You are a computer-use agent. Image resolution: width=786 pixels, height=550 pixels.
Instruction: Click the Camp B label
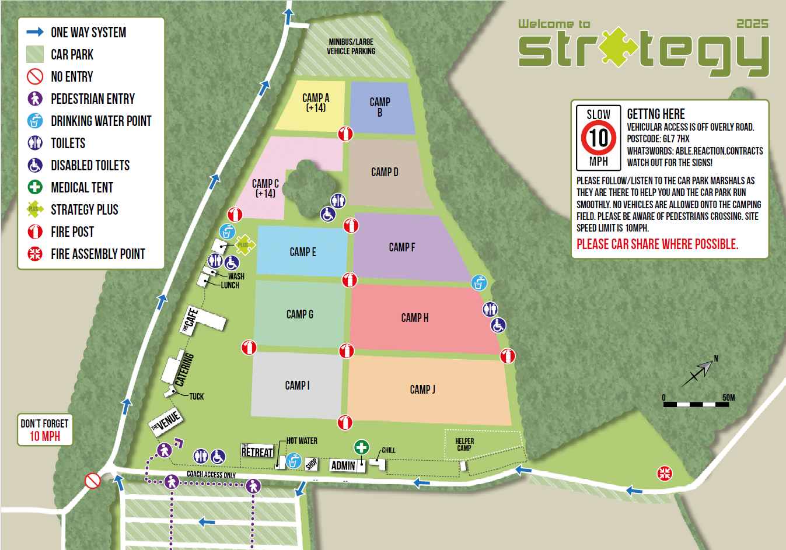tap(380, 107)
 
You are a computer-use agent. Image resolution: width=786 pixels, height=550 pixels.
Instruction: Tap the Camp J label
tap(422, 390)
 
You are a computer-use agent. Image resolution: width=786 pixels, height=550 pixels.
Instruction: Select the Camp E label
tap(303, 252)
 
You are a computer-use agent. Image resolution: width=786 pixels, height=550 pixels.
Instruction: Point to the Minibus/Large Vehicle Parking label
tap(351, 47)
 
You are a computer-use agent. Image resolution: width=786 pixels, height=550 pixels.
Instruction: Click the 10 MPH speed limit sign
tap(598, 138)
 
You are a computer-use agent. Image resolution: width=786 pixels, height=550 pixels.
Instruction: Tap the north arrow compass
tap(700, 372)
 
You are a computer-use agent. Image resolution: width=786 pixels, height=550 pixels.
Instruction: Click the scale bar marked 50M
tap(697, 403)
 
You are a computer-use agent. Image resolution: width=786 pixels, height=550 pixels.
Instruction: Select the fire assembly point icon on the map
tap(665, 473)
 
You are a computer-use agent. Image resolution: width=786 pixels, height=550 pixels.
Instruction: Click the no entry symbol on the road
tap(93, 481)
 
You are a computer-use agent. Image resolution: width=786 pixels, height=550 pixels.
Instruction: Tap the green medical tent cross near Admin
tap(361, 447)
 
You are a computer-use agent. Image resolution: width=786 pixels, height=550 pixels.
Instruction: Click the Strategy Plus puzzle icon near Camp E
tap(244, 245)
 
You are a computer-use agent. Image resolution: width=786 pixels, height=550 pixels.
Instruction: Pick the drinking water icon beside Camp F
tap(479, 283)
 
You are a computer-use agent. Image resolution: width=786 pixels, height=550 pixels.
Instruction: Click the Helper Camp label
tap(464, 444)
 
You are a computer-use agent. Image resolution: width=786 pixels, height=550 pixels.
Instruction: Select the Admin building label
tap(343, 465)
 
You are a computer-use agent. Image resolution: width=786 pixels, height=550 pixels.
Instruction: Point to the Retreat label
tap(257, 451)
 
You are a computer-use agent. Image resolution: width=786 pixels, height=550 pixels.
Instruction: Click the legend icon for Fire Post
tap(35, 232)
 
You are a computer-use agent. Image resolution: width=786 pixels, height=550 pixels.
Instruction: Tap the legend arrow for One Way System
tap(35, 32)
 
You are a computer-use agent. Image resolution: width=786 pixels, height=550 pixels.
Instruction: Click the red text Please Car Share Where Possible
tap(657, 244)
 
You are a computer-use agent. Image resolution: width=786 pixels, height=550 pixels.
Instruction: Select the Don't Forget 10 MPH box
tap(45, 430)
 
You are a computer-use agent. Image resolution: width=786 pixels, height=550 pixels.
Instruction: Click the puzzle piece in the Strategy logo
tap(618, 47)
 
